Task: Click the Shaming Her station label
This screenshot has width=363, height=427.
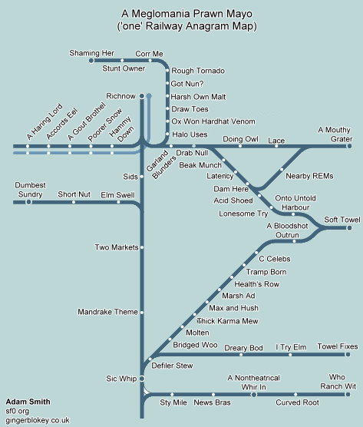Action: coord(91,53)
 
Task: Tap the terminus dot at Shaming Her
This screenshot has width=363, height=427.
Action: coord(91,61)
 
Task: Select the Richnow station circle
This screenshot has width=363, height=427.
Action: coord(142,96)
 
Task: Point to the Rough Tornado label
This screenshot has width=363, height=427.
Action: coord(198,71)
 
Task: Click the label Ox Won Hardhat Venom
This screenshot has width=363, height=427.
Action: coord(213,121)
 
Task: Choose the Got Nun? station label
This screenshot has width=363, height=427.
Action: coord(187,84)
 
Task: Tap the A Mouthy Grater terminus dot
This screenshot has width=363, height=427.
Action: coord(349,146)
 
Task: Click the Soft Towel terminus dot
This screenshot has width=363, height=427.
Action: coord(349,227)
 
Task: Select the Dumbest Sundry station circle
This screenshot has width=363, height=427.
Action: coord(28,202)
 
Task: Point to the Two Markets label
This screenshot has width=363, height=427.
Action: coord(117,247)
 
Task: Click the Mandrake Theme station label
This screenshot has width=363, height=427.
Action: coord(107,312)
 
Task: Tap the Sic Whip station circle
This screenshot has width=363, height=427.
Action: coord(142,379)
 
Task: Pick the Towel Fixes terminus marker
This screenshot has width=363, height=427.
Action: coord(348,355)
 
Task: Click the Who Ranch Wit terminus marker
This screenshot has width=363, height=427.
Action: coord(348,394)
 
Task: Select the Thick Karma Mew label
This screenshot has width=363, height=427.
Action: coord(228,321)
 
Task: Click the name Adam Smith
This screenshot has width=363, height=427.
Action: coord(28,402)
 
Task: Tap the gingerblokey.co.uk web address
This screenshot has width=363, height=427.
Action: coord(38,420)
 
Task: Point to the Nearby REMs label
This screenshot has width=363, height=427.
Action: coord(309,176)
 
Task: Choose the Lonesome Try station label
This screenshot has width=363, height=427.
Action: coord(243,213)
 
